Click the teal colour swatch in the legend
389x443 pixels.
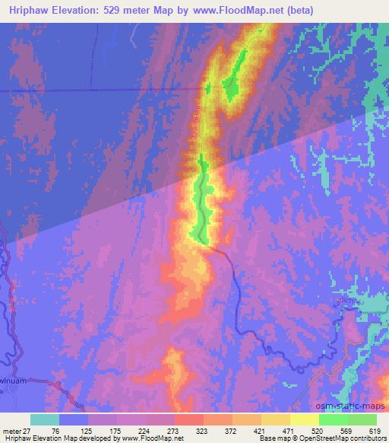pos(45,419)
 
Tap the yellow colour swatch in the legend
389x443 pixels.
pos(305,419)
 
